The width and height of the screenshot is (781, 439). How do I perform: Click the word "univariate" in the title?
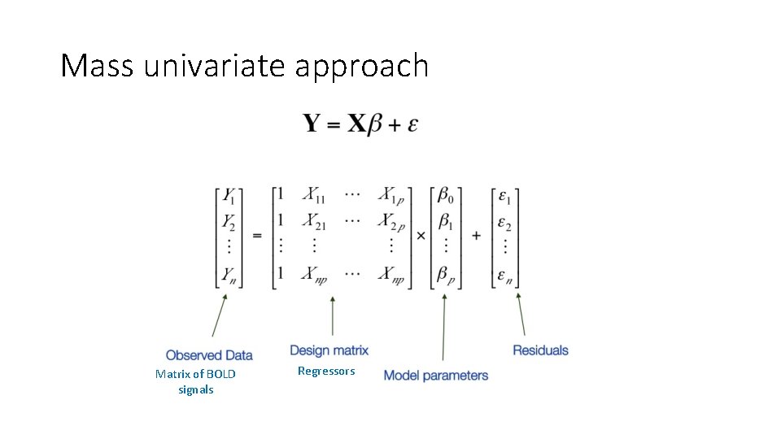pyautogui.click(x=216, y=66)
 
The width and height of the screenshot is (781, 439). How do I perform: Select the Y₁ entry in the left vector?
pyautogui.click(x=230, y=196)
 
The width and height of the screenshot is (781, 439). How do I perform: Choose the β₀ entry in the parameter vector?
pyautogui.click(x=445, y=195)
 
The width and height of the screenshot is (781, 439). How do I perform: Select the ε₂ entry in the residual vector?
pyautogui.click(x=504, y=222)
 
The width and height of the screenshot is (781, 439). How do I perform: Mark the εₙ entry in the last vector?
pyautogui.click(x=504, y=275)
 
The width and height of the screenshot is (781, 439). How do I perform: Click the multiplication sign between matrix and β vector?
pyautogui.click(x=421, y=235)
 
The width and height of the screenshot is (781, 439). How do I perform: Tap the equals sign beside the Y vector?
pyautogui.click(x=257, y=235)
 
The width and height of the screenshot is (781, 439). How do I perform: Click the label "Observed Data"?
pyautogui.click(x=209, y=355)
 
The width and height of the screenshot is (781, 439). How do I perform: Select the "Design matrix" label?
pyautogui.click(x=329, y=350)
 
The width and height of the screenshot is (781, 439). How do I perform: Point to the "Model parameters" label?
pyautogui.click(x=435, y=376)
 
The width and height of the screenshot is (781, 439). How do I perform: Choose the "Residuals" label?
pyautogui.click(x=540, y=350)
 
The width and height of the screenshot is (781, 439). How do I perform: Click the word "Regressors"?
pyautogui.click(x=326, y=371)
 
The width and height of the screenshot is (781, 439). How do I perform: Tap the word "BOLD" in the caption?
pyautogui.click(x=220, y=374)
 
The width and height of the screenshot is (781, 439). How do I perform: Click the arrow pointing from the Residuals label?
pyautogui.click(x=521, y=313)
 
